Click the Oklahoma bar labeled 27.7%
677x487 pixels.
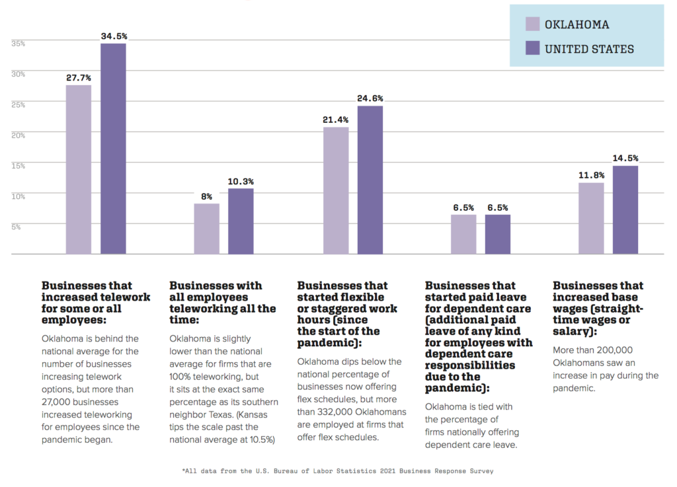79,170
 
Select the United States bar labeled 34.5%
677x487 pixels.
113,149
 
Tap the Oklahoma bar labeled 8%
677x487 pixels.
207,229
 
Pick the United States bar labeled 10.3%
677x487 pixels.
241,221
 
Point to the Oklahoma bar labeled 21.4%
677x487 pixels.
336,190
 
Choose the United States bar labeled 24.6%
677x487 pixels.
370,180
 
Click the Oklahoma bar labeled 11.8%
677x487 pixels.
591,218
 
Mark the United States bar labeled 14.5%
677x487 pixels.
625,209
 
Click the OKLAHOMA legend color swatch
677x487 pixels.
533,24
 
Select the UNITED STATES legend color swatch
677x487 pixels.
533,48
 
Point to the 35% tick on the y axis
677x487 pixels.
18,44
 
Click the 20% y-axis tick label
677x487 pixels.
18,135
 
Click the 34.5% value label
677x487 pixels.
113,36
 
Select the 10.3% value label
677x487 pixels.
241,182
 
